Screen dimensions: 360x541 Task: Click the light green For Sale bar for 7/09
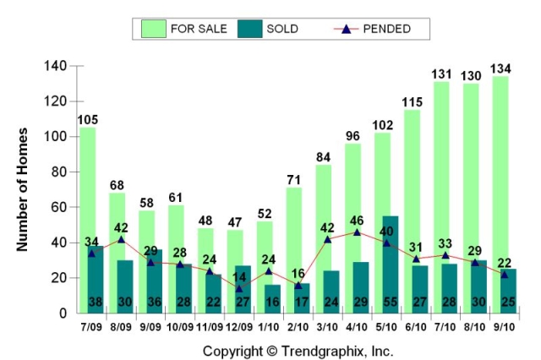click(x=87, y=186)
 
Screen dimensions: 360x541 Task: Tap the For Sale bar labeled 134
click(x=500, y=169)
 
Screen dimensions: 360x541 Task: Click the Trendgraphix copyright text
click(x=298, y=349)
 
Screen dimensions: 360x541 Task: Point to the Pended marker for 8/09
click(x=121, y=239)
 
